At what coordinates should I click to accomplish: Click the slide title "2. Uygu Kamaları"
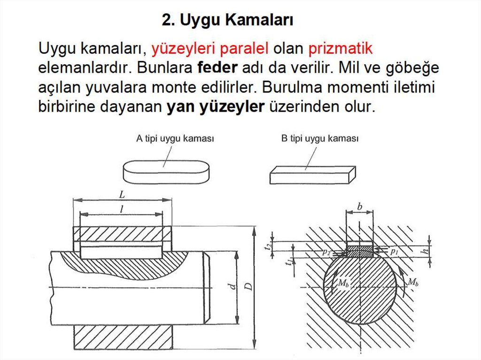coord(227,20)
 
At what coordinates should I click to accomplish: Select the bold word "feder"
coord(217,68)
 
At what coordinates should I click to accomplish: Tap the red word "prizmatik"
coord(340,49)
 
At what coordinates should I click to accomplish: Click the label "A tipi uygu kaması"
coord(175,138)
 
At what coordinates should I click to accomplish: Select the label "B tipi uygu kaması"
coord(320,138)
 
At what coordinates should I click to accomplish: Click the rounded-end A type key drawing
coord(166,172)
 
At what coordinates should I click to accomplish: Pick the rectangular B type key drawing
coord(312,175)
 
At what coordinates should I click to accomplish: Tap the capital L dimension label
coord(122,194)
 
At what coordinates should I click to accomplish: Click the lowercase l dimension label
coord(122,209)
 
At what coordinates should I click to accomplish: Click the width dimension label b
coord(359,207)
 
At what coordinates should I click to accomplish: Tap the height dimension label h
coord(425,251)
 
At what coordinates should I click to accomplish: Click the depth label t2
coord(268,245)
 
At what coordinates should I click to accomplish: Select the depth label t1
coord(288,262)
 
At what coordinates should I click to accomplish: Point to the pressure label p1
coord(394,252)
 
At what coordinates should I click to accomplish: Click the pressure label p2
coord(326,253)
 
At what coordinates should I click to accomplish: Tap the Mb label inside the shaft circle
coord(343,283)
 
